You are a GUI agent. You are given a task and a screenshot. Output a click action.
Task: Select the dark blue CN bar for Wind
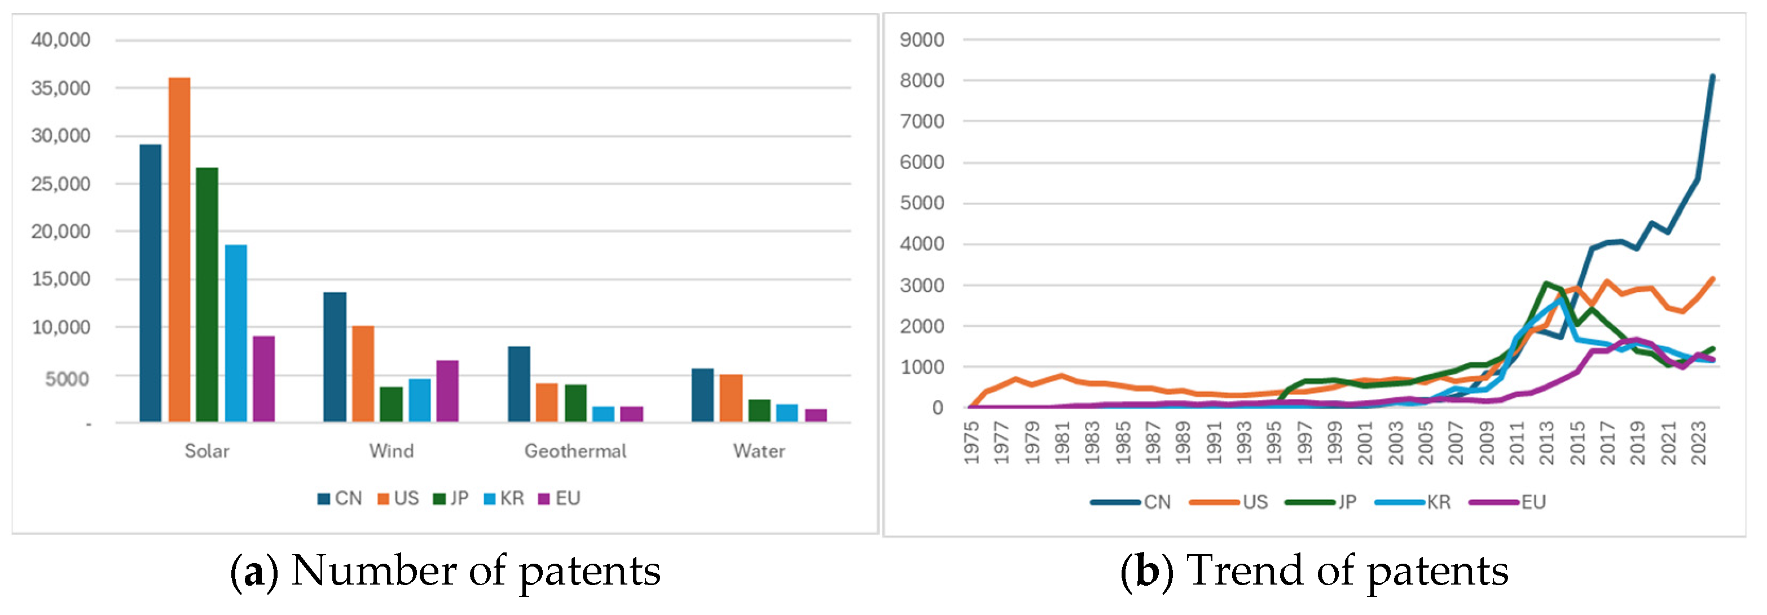(334, 356)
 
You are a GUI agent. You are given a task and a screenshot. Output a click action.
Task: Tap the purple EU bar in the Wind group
(447, 390)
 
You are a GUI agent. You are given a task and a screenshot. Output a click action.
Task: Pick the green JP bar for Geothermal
(575, 402)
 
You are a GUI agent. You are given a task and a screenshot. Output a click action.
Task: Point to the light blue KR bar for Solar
(235, 333)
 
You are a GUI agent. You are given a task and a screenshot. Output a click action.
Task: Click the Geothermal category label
(575, 451)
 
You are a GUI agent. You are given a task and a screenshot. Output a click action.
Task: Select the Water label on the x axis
(759, 451)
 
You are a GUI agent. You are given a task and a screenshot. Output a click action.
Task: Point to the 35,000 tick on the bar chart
(60, 88)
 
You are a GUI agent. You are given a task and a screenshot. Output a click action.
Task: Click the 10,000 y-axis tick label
(60, 327)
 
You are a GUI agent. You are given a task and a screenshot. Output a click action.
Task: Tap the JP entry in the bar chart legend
(451, 498)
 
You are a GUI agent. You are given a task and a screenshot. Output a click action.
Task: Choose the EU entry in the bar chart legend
(560, 498)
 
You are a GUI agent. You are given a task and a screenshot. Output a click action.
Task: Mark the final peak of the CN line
(1712, 76)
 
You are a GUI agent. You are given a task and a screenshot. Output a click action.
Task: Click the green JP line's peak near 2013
(1545, 282)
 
